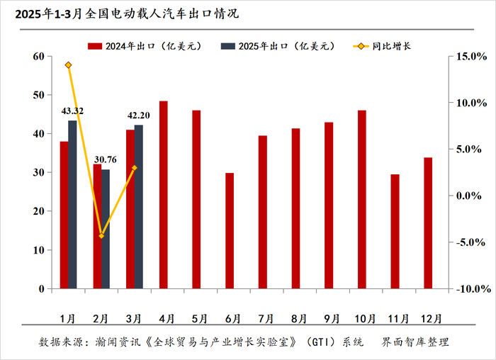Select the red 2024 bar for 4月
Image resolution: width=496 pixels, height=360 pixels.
point(164,195)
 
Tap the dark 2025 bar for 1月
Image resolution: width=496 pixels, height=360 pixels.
point(72,205)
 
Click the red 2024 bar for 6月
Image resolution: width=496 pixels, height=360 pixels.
point(230,230)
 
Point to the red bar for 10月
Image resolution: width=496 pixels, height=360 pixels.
point(362,199)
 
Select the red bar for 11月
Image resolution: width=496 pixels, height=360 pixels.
point(395,231)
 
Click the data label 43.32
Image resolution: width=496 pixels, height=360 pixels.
point(72,111)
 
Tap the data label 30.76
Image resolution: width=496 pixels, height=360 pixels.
point(106,159)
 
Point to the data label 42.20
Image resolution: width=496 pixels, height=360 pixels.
point(139,115)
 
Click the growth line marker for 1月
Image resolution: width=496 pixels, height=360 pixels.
point(68,65)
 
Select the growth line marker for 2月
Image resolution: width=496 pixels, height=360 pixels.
point(101,235)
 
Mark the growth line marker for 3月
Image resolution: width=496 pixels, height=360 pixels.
point(135,168)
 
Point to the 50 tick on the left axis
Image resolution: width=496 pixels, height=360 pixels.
point(37,95)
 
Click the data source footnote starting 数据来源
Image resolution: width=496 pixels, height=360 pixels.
point(244,342)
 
